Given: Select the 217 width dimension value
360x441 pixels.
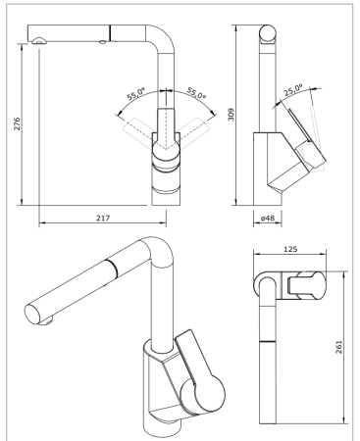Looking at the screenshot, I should point(103,217).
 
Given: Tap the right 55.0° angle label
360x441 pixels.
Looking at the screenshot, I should point(194,95).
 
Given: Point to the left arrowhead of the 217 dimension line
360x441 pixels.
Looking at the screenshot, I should point(42,222).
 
